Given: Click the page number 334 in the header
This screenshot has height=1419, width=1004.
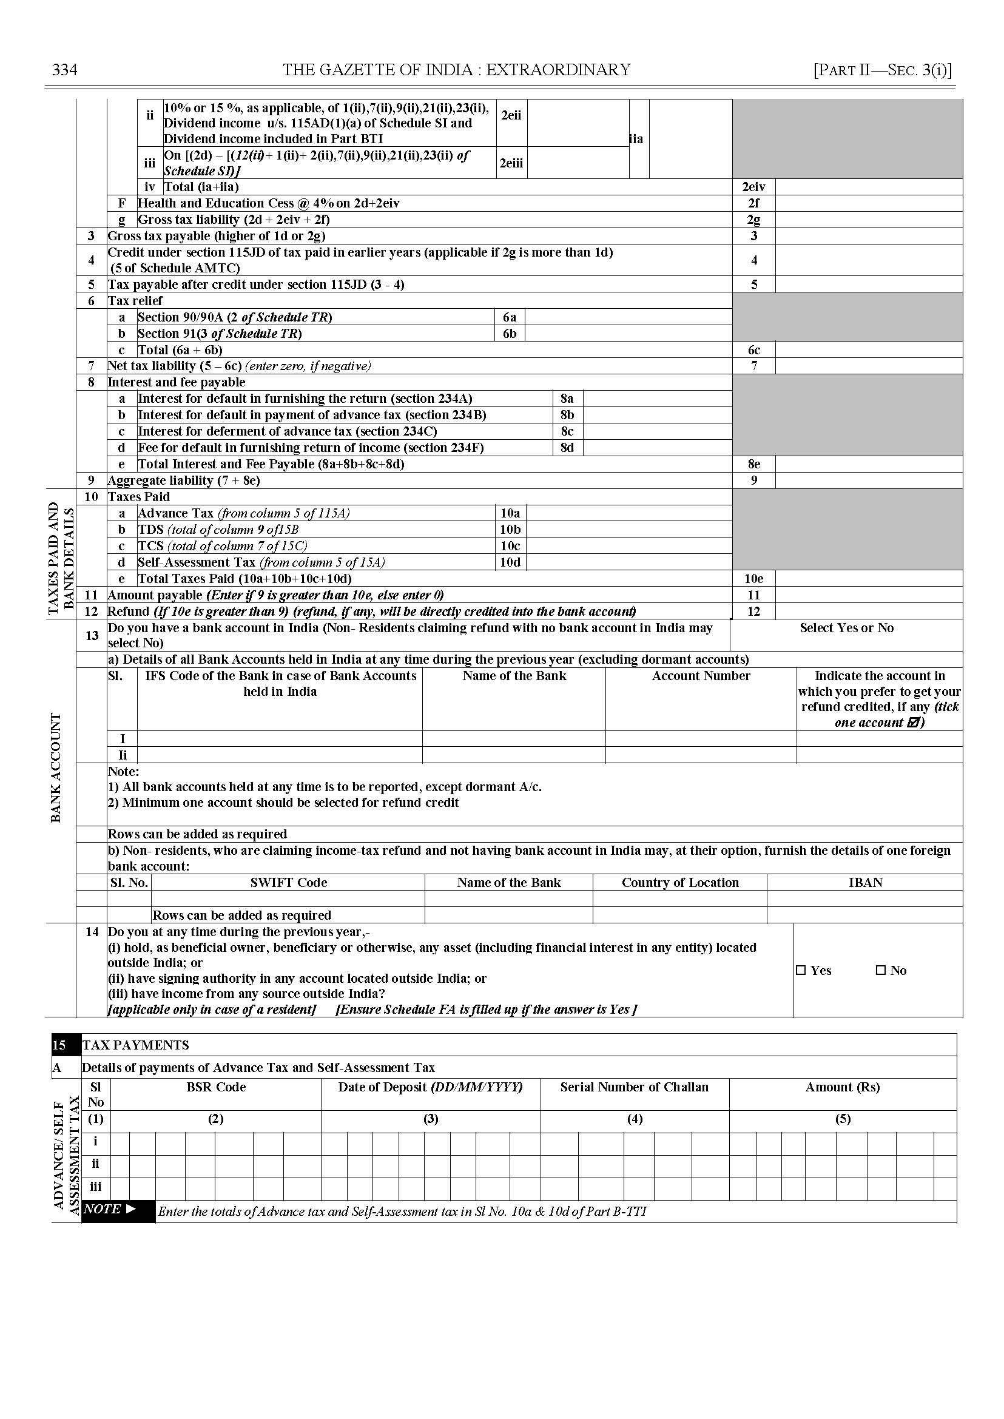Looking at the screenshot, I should pos(64,69).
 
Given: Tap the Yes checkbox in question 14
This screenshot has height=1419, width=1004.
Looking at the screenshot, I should pos(801,970).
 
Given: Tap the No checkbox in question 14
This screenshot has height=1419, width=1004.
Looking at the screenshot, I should pos(881,970).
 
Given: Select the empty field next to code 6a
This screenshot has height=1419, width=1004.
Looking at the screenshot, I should pos(628,317).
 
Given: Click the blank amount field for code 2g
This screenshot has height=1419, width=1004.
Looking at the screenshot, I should pos(868,220).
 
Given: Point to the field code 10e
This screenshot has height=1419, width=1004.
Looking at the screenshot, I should pos(753,579).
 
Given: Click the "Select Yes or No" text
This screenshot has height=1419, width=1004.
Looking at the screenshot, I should pos(846,628).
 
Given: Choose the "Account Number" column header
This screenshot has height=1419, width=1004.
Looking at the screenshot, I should pos(701,676).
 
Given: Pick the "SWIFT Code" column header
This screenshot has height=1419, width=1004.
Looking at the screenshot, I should pos(289,882).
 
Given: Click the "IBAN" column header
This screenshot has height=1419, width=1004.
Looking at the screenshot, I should pos(865,882).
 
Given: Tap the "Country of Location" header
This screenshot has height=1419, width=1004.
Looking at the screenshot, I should pos(680,882).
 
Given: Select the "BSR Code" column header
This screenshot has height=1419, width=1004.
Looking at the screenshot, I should pos(216,1087).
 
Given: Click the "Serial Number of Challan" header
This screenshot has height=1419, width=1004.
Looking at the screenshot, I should pos(635,1087).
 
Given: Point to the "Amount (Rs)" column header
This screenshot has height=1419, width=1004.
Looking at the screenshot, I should pos(842,1087).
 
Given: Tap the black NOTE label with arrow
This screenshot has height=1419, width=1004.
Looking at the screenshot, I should pos(110,1208).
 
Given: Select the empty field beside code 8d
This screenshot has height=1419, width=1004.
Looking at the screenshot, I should pos(657,448).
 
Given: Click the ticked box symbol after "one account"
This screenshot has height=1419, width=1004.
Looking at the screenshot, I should pos(913,722).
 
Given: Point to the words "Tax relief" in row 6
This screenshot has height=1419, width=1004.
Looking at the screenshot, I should pos(135,301).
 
